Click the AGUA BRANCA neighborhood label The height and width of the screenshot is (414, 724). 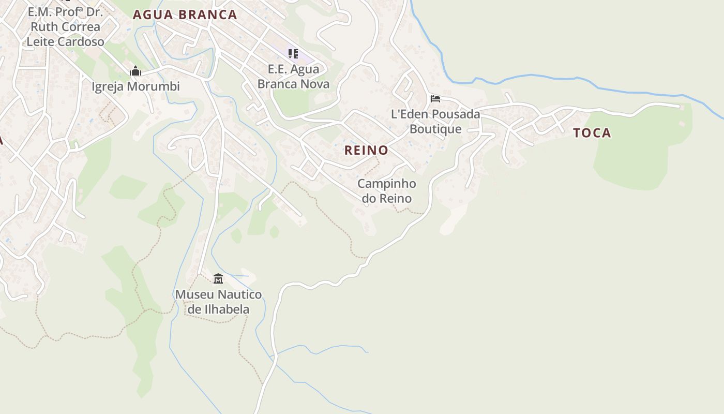click(x=185, y=14)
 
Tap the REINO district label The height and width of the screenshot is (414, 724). click(x=366, y=150)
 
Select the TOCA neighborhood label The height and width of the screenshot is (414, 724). click(x=592, y=133)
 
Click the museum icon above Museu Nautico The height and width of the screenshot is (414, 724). click(x=218, y=279)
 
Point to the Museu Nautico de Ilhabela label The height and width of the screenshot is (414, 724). click(x=218, y=302)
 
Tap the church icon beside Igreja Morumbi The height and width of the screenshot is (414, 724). click(x=135, y=71)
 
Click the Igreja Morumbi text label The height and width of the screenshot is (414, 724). click(x=135, y=86)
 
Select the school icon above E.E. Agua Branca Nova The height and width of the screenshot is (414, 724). click(x=293, y=53)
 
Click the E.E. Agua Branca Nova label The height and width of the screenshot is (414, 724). click(x=293, y=76)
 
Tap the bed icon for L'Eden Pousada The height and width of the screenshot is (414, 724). click(x=435, y=98)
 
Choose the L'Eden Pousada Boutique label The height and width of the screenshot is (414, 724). click(x=435, y=121)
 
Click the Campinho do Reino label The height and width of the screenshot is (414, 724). click(x=387, y=191)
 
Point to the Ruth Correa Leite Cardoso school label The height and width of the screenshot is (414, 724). click(x=65, y=26)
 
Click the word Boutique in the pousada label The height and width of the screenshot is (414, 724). click(x=435, y=129)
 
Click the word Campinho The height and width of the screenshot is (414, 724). click(x=387, y=184)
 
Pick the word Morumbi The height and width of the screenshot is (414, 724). click(x=153, y=86)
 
